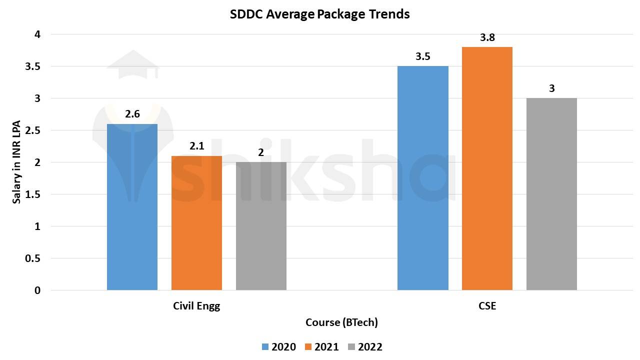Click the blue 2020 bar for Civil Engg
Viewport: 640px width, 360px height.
(x=132, y=207)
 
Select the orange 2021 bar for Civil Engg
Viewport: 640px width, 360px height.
(x=196, y=223)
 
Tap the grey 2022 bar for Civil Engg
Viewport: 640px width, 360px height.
(x=261, y=226)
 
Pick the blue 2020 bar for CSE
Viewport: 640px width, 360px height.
(x=422, y=178)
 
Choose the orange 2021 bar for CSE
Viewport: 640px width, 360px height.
(x=487, y=168)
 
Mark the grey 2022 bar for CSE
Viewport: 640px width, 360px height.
(x=551, y=194)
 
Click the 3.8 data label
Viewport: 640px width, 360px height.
(x=487, y=37)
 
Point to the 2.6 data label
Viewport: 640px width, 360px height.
(x=132, y=114)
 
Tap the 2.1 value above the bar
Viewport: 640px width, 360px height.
(x=196, y=146)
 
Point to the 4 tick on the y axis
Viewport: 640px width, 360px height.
(x=37, y=34)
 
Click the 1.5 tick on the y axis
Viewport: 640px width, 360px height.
(x=33, y=194)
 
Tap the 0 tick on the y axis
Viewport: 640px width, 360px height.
(x=37, y=290)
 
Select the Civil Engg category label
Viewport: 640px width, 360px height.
(x=196, y=306)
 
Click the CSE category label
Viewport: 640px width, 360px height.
(x=487, y=306)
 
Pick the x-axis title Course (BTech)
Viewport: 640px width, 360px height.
(x=341, y=322)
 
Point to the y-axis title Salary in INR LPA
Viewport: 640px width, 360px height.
(x=17, y=162)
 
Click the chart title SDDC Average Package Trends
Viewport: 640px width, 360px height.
(x=319, y=14)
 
